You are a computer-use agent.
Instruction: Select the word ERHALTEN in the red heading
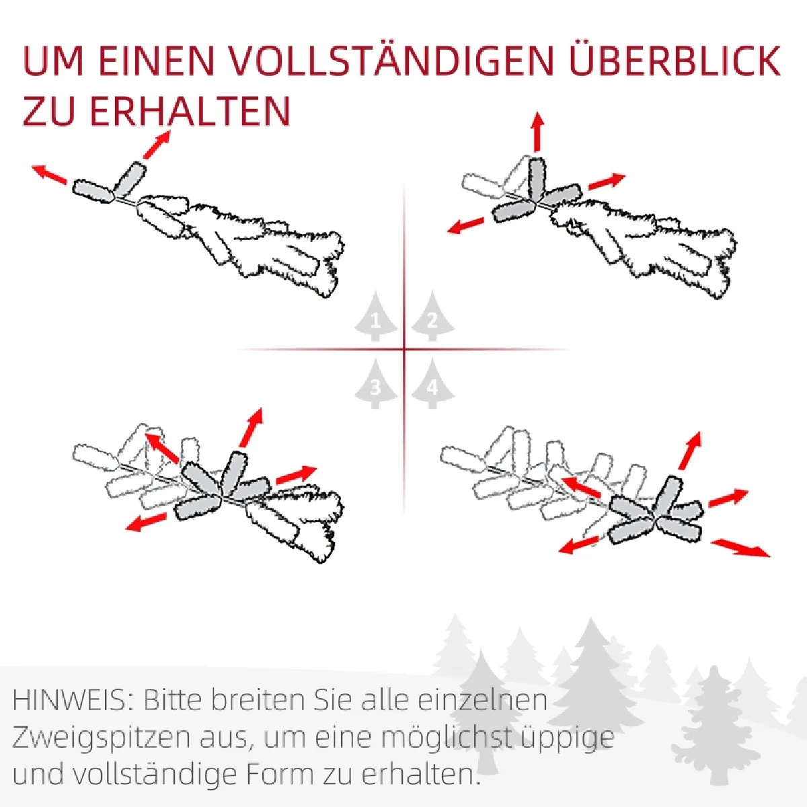(190, 110)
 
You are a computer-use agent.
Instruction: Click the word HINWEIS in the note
(69, 700)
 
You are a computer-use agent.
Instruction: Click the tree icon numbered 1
(375, 316)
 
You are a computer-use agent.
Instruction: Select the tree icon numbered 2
(432, 316)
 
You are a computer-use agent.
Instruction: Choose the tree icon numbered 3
(375, 383)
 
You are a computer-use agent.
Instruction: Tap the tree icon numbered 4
(432, 383)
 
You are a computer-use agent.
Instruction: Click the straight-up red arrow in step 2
(538, 131)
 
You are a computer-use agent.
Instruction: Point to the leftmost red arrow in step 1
(49, 174)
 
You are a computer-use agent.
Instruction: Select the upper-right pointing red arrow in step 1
(157, 145)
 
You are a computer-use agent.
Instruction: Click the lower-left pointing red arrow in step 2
(465, 225)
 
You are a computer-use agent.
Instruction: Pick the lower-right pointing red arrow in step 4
(740, 548)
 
